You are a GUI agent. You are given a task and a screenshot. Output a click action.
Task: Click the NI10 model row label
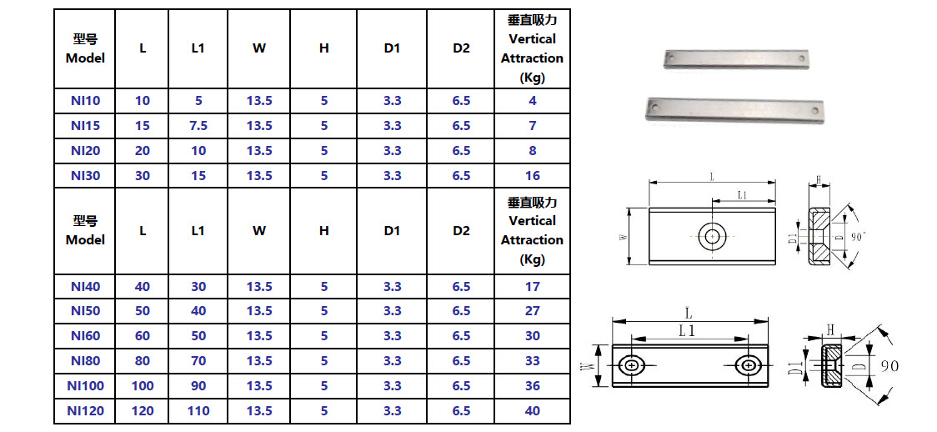(x=85, y=101)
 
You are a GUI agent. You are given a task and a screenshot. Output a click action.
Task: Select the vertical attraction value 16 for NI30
(x=532, y=176)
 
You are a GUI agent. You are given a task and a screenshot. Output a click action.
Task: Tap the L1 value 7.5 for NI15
(x=198, y=126)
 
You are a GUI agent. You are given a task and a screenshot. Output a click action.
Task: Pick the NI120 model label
(x=85, y=411)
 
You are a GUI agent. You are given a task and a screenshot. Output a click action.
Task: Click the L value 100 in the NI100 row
(x=143, y=386)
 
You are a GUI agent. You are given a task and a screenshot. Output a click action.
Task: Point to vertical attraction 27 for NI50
(x=532, y=311)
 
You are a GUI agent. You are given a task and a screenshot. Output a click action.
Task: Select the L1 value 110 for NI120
(x=198, y=411)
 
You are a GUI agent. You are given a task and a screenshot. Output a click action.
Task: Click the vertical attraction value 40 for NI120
(x=532, y=411)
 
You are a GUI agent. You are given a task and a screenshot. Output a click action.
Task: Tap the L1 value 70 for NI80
(x=198, y=361)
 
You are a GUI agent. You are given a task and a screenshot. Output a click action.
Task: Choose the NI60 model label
(x=85, y=336)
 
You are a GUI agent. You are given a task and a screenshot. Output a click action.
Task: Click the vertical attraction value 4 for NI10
(x=532, y=101)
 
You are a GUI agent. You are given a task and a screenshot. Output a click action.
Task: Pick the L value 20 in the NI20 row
(x=143, y=151)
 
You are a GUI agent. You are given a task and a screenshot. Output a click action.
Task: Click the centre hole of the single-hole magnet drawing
(x=712, y=237)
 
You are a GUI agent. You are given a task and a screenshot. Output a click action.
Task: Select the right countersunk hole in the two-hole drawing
(x=747, y=366)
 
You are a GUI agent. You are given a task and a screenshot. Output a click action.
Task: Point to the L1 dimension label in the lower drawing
(x=689, y=331)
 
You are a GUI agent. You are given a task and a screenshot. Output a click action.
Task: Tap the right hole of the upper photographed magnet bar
(x=801, y=59)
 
